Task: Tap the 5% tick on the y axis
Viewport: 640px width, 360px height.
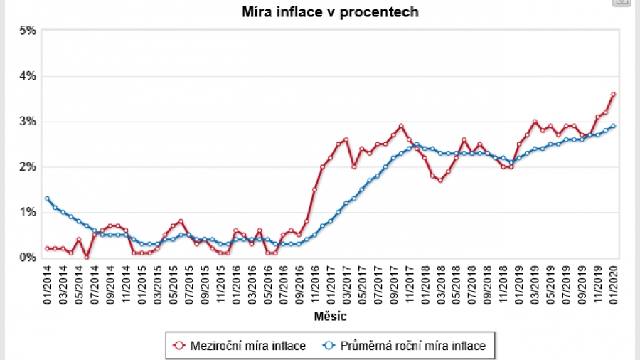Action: point(28,31)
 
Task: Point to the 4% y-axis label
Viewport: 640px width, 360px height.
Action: point(28,76)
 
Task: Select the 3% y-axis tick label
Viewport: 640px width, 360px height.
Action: point(28,122)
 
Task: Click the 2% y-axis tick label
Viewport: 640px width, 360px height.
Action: point(28,167)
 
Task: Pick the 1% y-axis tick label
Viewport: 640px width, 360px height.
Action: point(28,213)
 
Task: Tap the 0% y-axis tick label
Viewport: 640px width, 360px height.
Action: point(28,258)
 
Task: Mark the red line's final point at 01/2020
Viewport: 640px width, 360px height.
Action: point(614,94)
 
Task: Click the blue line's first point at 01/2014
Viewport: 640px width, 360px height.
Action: point(47,198)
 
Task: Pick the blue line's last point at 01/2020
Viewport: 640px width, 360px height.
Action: point(614,126)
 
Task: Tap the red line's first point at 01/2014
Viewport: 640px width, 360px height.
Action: point(47,248)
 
